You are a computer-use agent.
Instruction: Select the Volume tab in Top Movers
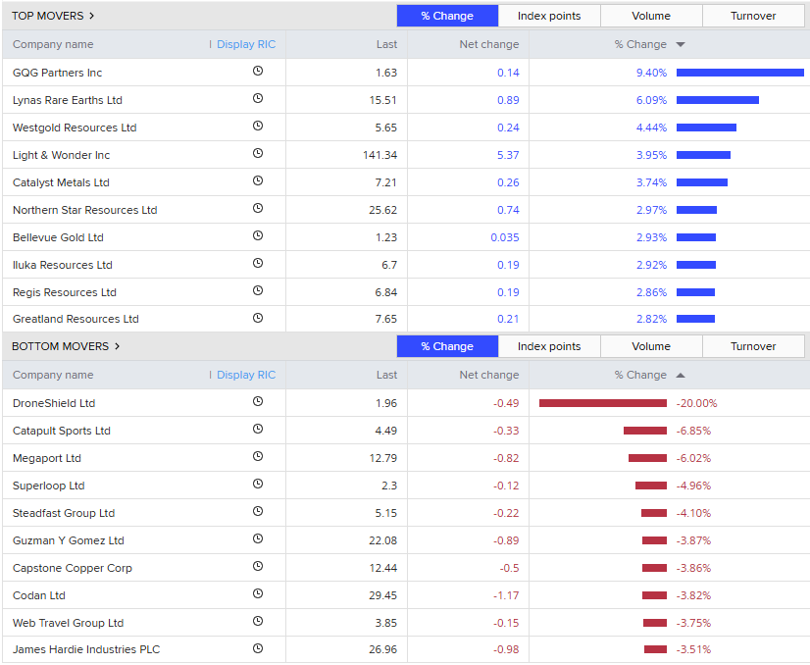coord(651,16)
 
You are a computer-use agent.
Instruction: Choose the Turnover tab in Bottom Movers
coord(753,346)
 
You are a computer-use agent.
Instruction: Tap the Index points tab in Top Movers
coord(549,16)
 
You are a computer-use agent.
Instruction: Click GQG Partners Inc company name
coord(57,73)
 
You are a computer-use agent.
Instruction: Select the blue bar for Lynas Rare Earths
coord(717,100)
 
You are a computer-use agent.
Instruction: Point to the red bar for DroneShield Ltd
coord(602,403)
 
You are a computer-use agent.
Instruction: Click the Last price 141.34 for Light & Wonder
coord(380,155)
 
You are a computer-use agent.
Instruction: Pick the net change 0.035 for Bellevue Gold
coord(505,237)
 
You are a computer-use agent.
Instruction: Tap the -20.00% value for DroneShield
coord(696,403)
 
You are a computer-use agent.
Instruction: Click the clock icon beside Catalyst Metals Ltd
coord(258,182)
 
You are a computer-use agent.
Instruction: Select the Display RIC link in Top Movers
coord(246,44)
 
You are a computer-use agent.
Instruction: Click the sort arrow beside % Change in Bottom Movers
coord(681,375)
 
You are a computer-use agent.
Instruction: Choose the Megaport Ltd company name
coord(47,458)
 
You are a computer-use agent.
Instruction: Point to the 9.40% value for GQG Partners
coord(651,73)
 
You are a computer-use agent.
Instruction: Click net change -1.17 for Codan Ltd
coord(506,595)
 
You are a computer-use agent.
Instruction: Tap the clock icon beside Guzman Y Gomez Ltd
coord(258,540)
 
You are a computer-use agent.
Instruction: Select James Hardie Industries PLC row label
coord(86,649)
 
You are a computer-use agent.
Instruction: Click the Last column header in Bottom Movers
coord(386,375)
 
